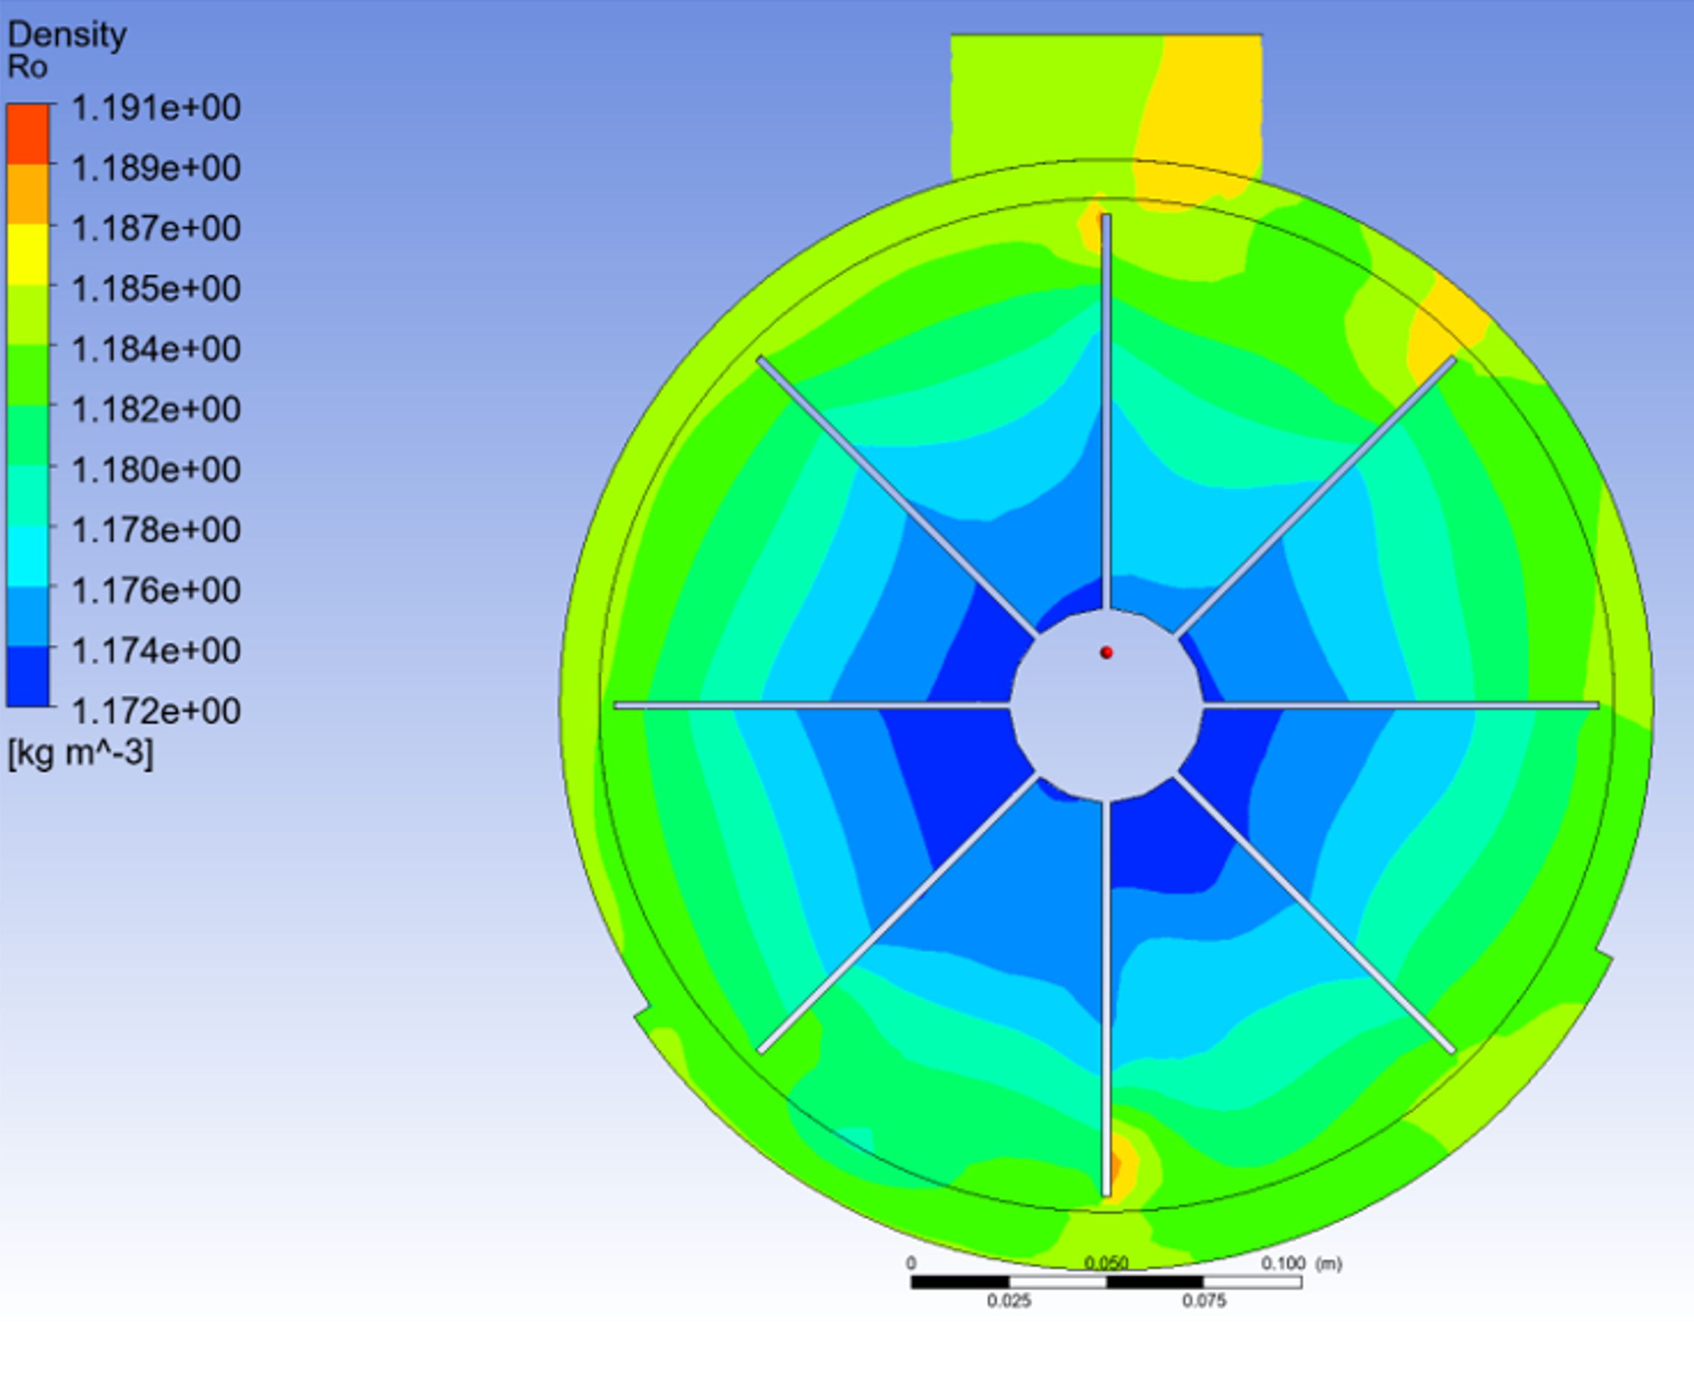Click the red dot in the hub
click(x=1107, y=652)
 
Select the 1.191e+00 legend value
click(x=156, y=108)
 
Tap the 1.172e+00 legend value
click(x=156, y=711)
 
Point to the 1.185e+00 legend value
click(x=156, y=289)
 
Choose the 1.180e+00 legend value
click(x=156, y=470)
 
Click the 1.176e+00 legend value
click(x=156, y=591)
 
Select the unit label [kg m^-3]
click(x=80, y=753)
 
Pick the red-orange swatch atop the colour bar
click(x=28, y=134)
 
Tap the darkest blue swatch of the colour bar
click(x=28, y=676)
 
